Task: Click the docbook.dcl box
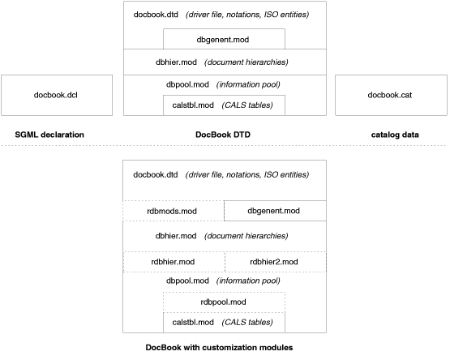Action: click(x=55, y=95)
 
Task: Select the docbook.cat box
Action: click(x=391, y=95)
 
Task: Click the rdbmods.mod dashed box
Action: click(x=173, y=211)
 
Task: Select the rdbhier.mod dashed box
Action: click(x=173, y=261)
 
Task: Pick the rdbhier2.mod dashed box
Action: click(x=275, y=261)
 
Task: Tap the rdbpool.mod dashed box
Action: click(x=224, y=302)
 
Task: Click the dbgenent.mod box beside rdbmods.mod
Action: click(x=275, y=211)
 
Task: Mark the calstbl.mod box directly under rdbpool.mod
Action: click(x=224, y=322)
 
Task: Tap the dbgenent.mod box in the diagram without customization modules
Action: click(x=224, y=38)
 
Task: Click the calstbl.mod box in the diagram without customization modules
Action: click(x=224, y=105)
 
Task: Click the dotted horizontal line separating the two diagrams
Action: click(x=224, y=146)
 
